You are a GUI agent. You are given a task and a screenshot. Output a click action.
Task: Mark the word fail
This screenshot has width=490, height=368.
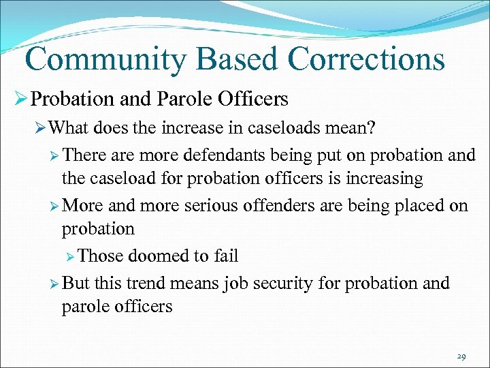pyautogui.click(x=225, y=256)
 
